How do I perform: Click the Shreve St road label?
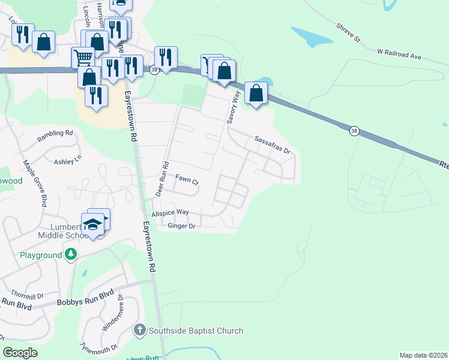click(x=348, y=32)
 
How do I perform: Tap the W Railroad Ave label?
click(x=399, y=56)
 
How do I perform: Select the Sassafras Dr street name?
click(x=272, y=145)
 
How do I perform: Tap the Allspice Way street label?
click(x=170, y=213)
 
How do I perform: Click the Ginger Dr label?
click(x=182, y=226)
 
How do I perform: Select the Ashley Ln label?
click(x=67, y=161)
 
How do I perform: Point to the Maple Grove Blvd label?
click(x=35, y=182)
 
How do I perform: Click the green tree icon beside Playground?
click(x=71, y=255)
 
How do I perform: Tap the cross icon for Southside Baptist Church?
click(x=139, y=330)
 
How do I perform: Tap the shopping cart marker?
click(x=83, y=58)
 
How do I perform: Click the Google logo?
click(x=20, y=353)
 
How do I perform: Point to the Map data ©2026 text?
click(x=423, y=355)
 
